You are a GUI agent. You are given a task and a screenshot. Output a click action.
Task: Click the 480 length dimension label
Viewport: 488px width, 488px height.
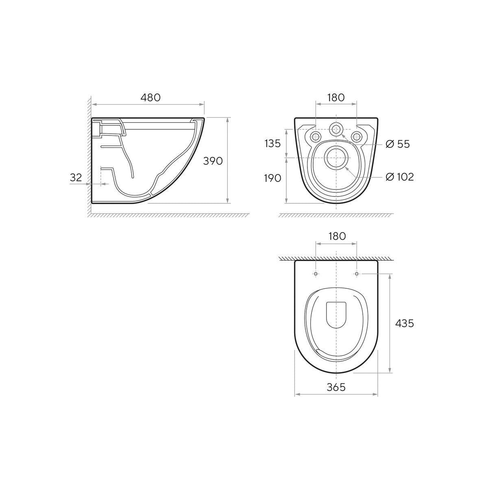point(150,98)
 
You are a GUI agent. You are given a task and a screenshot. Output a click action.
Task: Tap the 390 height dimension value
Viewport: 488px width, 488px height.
point(213,161)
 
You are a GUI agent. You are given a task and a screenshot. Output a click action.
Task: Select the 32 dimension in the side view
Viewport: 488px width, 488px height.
point(76,178)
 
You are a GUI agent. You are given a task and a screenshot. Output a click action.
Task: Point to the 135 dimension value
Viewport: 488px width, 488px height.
point(272,144)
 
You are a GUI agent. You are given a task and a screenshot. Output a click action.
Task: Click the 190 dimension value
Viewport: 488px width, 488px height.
point(272,178)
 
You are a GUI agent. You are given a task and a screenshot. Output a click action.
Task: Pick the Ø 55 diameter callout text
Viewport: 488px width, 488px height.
point(398,144)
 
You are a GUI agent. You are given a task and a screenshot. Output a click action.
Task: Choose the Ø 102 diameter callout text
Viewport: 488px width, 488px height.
point(400,177)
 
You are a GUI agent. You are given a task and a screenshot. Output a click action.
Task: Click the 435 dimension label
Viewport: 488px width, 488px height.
point(404,323)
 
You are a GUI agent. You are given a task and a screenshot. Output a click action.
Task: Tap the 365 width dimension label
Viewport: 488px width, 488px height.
point(336,387)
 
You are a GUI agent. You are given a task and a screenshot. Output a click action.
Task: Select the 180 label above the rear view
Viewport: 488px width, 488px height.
point(336,98)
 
